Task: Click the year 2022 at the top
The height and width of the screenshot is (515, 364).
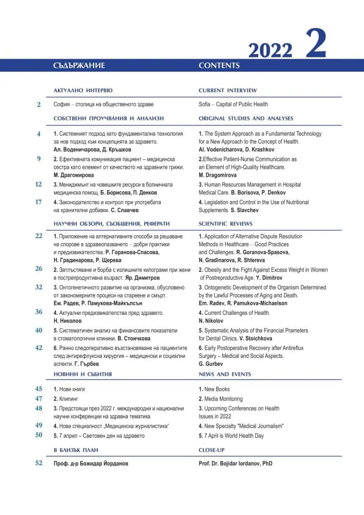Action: pyautogui.click(x=270, y=50)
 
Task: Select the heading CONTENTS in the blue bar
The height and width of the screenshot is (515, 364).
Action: pyautogui.click(x=219, y=65)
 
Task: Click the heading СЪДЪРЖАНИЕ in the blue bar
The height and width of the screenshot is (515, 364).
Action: pyautogui.click(x=79, y=65)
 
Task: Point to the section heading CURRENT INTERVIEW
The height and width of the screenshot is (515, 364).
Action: pyautogui.click(x=227, y=90)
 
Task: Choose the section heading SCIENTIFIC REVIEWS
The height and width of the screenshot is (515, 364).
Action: pyautogui.click(x=226, y=223)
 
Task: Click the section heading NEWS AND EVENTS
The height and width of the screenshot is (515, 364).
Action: pyautogui.click(x=225, y=374)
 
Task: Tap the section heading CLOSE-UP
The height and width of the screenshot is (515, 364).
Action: pyautogui.click(x=211, y=450)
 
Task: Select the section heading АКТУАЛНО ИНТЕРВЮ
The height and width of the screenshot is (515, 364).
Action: pyautogui.click(x=83, y=90)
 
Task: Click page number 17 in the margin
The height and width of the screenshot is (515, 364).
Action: pyautogui.click(x=38, y=202)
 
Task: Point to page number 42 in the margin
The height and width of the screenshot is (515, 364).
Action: pyautogui.click(x=38, y=348)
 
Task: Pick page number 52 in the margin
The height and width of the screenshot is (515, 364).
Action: pyautogui.click(x=38, y=463)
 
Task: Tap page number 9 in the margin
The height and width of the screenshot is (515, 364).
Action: pyautogui.click(x=38, y=159)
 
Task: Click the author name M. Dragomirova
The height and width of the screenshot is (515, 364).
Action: pyautogui.click(x=218, y=175)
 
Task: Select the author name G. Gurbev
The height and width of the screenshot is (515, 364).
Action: pyautogui.click(x=210, y=364)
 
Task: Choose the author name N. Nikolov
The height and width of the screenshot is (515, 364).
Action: pyautogui.click(x=211, y=321)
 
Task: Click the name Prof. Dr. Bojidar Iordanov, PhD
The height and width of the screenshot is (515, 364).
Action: pyautogui.click(x=236, y=463)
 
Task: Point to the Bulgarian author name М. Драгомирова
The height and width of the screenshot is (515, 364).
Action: pyautogui.click(x=73, y=175)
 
